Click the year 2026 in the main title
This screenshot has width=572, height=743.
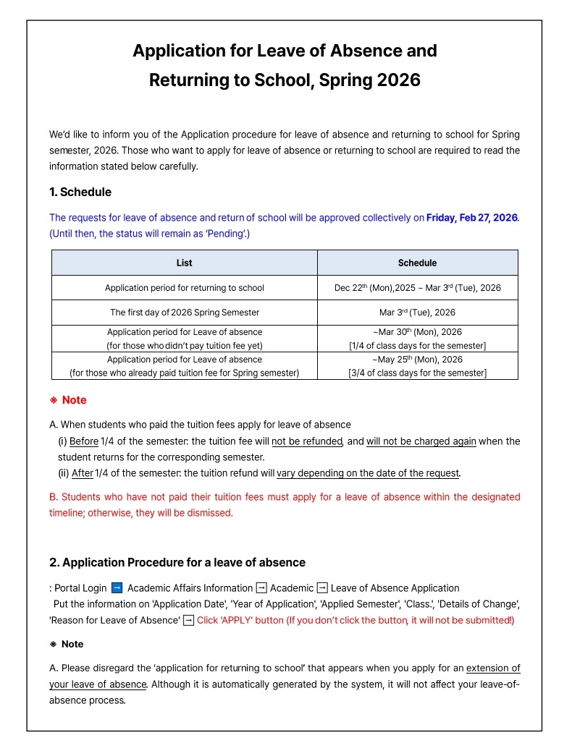tap(398, 80)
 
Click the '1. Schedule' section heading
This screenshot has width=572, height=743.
tap(80, 192)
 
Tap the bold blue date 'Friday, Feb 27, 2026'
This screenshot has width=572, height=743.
tap(472, 218)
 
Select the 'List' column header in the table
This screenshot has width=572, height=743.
tap(184, 263)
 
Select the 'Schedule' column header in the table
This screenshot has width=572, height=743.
tap(417, 263)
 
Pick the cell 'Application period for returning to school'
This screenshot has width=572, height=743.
tap(184, 288)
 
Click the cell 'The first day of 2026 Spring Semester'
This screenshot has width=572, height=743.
tap(184, 313)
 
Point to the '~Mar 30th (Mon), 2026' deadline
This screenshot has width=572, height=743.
tap(417, 332)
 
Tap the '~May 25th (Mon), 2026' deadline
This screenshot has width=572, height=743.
tap(417, 360)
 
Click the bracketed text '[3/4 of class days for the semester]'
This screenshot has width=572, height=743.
tap(417, 373)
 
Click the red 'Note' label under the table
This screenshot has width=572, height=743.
tap(74, 400)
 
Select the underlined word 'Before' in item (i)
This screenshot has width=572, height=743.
tap(84, 441)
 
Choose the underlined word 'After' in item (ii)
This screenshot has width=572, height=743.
tap(83, 473)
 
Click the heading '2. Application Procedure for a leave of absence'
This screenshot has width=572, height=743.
tap(177, 562)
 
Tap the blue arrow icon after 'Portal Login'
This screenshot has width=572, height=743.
tap(117, 588)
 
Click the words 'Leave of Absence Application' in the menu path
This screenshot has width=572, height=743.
tap(395, 588)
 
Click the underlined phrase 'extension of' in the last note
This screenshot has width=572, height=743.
tap(493, 668)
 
